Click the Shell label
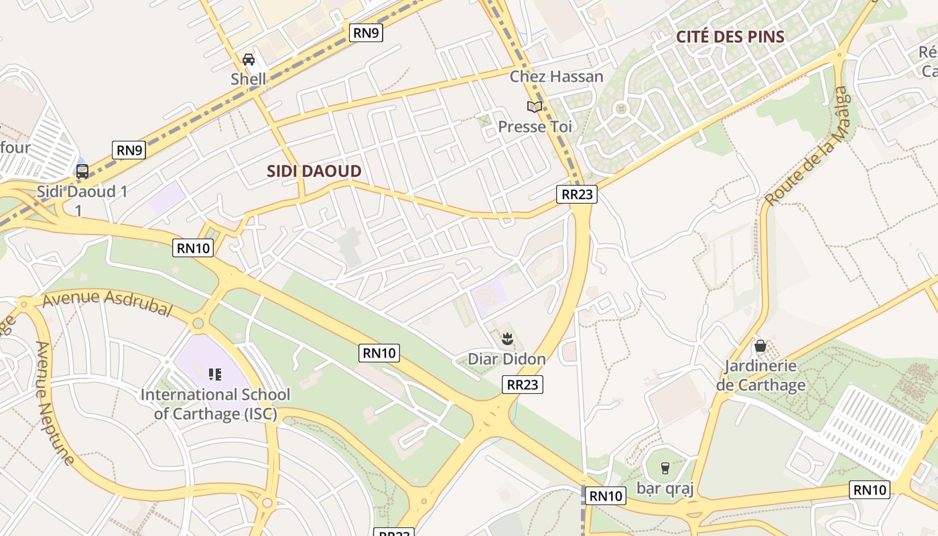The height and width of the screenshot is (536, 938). tap(249, 79)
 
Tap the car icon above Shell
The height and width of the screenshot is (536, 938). tap(249, 60)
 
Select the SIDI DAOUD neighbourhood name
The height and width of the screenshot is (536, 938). tap(314, 171)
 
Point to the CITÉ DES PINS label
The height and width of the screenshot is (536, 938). tap(730, 37)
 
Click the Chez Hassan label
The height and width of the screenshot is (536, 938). tap(556, 76)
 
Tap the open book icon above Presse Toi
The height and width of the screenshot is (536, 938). tap(534, 107)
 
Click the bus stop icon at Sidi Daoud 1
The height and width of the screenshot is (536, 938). tap(82, 172)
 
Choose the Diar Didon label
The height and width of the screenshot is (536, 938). tap(507, 359)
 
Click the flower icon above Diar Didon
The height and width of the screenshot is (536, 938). tap(507, 339)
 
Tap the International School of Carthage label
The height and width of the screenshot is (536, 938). tap(215, 404)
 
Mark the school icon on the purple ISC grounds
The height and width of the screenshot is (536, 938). tap(215, 374)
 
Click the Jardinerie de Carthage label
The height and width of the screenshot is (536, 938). tap(760, 375)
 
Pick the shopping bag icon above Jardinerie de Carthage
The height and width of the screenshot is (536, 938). tap(760, 346)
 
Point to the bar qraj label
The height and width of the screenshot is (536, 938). tap(665, 488)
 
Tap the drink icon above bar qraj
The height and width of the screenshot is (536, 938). tap(665, 468)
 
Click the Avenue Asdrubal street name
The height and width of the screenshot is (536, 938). tap(107, 304)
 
